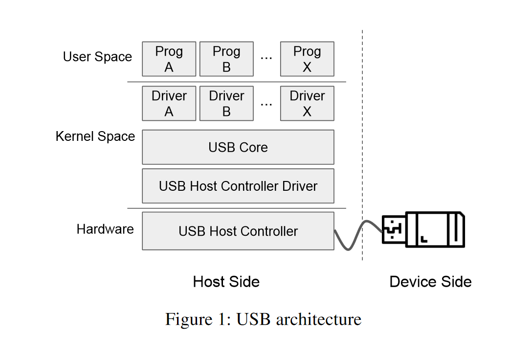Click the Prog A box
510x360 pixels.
pos(169,59)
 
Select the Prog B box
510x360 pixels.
pos(226,59)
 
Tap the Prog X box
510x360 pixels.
pos(307,59)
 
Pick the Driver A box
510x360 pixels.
pos(169,104)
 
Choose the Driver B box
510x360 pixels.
pos(226,104)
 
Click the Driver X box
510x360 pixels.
pos(307,104)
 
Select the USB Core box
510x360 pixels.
pos(238,147)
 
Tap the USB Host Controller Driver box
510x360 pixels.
pos(238,186)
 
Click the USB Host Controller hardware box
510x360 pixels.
pos(238,231)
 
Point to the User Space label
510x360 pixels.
pos(97,57)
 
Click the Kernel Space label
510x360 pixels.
pos(95,136)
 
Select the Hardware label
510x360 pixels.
pos(105,229)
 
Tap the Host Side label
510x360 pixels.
pos(226,282)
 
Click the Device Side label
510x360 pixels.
pos(430,282)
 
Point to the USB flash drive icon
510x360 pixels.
pos(423,229)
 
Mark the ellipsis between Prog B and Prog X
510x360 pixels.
pos(266,59)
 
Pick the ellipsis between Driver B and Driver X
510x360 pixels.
pos(266,105)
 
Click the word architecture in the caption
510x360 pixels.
pos(319,319)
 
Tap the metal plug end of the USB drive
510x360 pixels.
pos(394,229)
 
